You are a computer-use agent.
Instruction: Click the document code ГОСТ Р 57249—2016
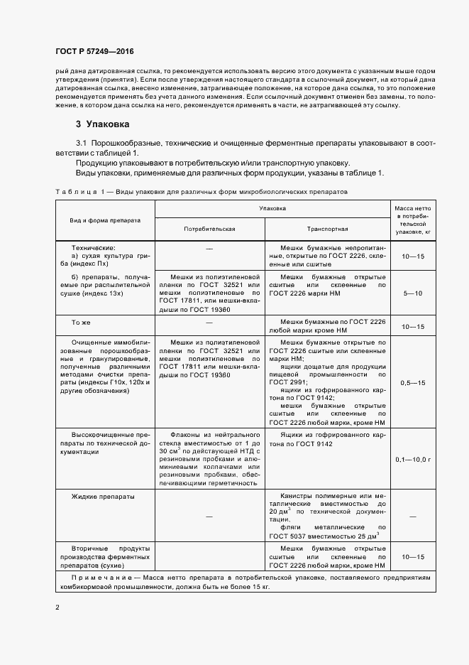[94, 52]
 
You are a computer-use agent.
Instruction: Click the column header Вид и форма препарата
[106, 220]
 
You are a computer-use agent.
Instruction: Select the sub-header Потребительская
[209, 230]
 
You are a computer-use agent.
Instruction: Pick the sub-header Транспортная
[327, 230]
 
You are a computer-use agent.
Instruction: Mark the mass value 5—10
[412, 293]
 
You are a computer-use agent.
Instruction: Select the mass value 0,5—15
[412, 383]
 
